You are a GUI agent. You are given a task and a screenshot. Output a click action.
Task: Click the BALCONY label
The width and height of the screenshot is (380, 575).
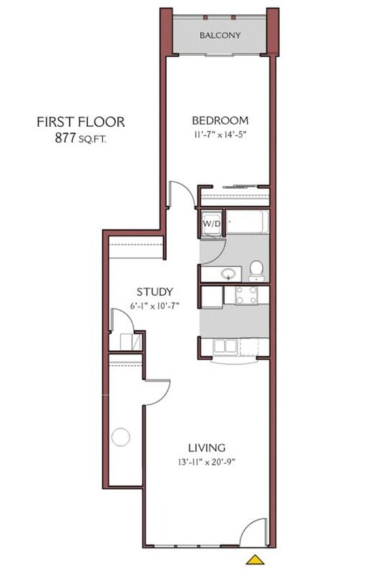[x=220, y=35]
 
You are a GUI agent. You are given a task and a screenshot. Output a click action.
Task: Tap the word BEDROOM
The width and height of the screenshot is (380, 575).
[x=219, y=121]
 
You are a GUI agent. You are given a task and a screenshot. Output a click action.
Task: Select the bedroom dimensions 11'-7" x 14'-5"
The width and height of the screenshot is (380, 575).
[x=219, y=135]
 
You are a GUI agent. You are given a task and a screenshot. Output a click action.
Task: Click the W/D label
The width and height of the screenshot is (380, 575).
[x=210, y=223]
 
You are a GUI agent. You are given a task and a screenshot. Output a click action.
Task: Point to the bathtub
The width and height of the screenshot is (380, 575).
[x=247, y=222]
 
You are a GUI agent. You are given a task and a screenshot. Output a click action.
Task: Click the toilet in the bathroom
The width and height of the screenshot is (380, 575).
[x=256, y=270]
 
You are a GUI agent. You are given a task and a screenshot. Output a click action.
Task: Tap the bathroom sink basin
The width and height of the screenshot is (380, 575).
[x=228, y=274]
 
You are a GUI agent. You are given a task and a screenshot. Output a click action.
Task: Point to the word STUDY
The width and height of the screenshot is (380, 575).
[x=154, y=292]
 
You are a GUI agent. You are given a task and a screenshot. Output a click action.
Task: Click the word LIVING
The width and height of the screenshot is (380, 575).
[x=207, y=448]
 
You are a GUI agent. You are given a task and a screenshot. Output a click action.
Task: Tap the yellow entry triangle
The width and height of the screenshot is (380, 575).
[x=255, y=560]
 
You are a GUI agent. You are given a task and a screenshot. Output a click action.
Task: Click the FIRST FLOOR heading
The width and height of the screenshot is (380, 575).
[x=80, y=123]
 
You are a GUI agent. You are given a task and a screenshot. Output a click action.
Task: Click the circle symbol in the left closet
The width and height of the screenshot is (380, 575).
[x=121, y=436]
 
